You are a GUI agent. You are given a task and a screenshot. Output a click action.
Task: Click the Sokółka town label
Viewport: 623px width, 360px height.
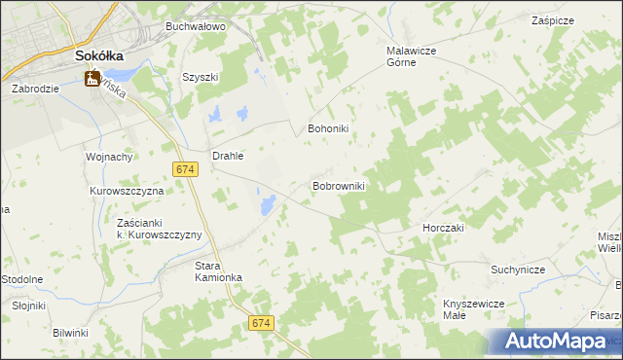[98, 56]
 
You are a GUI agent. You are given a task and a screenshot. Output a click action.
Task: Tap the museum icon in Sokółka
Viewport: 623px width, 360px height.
[93, 79]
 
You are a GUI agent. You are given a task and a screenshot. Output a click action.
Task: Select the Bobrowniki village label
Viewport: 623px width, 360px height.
[338, 185]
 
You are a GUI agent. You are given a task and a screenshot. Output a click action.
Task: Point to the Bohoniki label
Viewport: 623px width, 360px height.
[328, 127]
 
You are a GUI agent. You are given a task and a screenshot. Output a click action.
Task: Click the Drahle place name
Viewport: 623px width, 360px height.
[227, 155]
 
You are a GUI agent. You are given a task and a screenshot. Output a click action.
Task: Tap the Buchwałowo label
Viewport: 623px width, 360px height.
[196, 26]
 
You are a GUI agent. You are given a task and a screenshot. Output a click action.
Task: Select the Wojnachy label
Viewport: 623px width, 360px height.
[109, 156]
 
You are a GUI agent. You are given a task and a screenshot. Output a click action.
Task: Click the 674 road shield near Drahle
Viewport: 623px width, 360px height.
[187, 169]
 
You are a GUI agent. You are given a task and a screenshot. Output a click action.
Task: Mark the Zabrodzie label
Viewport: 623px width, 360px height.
[36, 88]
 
